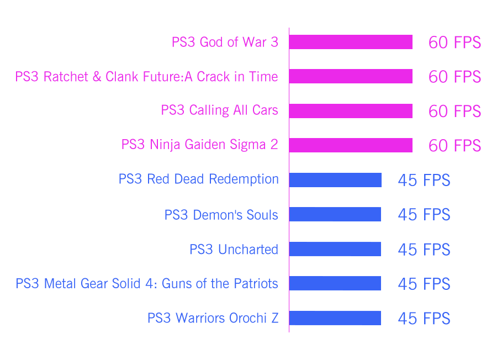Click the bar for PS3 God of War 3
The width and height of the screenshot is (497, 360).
pyautogui.click(x=351, y=42)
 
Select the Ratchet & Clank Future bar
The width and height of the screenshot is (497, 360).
pyautogui.click(x=351, y=76)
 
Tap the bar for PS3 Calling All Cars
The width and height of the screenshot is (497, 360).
pyautogui.click(x=351, y=111)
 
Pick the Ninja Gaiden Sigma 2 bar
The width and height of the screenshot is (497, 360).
pyautogui.click(x=351, y=145)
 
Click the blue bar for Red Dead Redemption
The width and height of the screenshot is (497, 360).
pyautogui.click(x=335, y=179)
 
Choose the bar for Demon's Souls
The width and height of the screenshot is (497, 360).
pyautogui.click(x=335, y=214)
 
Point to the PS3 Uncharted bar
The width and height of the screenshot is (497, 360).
pyautogui.click(x=335, y=249)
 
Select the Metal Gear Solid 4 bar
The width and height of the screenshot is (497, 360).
pyautogui.click(x=335, y=283)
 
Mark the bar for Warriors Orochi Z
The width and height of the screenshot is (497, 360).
pyautogui.click(x=335, y=317)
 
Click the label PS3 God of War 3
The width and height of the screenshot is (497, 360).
pyautogui.click(x=225, y=42)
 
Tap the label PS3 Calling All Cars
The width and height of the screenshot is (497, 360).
pyautogui.click(x=220, y=110)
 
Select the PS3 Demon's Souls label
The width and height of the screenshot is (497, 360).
pyautogui.click(x=221, y=214)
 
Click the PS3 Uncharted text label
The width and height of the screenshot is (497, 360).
pyautogui.click(x=234, y=249)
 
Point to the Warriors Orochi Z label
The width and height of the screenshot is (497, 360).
pyautogui.click(x=213, y=318)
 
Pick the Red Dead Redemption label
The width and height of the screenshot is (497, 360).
pyautogui.click(x=199, y=179)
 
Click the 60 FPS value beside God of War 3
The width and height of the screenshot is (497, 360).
pyautogui.click(x=454, y=43)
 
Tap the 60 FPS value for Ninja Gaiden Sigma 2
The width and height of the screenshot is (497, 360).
pyautogui.click(x=454, y=146)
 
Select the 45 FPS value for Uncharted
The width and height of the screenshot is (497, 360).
pyautogui.click(x=424, y=250)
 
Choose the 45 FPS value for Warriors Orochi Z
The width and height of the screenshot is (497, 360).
pyautogui.click(x=424, y=319)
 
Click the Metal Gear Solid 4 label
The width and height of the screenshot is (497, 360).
pyautogui.click(x=147, y=284)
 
